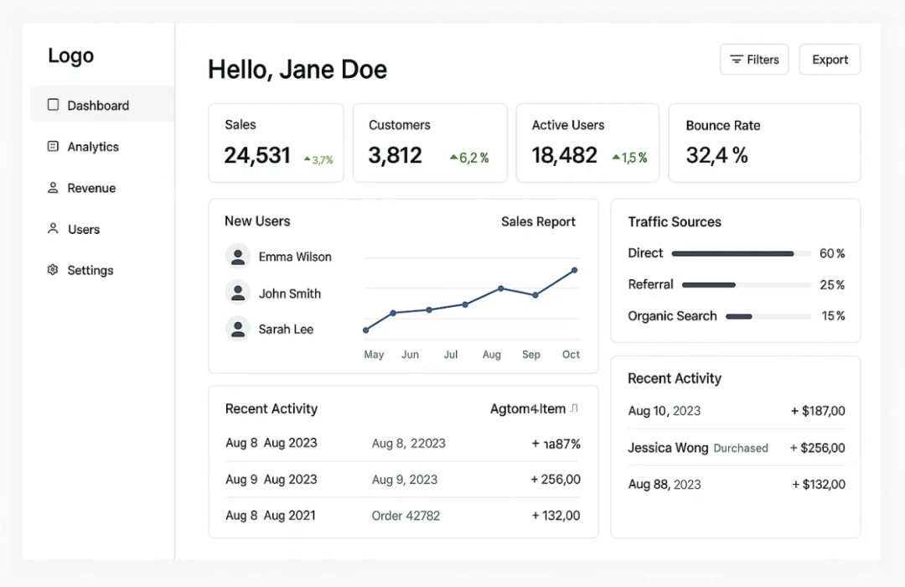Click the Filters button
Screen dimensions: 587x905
[x=754, y=60]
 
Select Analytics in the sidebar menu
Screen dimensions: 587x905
[x=93, y=147]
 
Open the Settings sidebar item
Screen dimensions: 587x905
[x=90, y=270]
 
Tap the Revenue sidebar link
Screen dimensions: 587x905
[x=91, y=188]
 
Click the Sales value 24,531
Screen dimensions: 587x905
[x=257, y=155]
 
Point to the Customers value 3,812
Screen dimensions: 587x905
[x=395, y=155]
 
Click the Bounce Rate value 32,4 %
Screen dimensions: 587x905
[x=716, y=155]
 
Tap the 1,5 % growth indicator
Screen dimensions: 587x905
[x=629, y=158]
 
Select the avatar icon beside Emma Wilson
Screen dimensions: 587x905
[x=238, y=256]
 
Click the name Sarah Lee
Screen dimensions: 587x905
[x=286, y=330]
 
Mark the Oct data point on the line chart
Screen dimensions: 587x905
[x=575, y=270]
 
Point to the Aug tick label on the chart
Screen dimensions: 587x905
[x=492, y=355]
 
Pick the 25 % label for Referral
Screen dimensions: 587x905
[x=832, y=285]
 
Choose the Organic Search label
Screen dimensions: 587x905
[x=672, y=316]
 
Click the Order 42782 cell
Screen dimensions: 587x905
[x=406, y=516]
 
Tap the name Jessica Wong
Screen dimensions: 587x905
[x=668, y=448]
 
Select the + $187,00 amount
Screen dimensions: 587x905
[x=818, y=411]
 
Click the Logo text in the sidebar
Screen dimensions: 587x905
[x=70, y=56]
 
